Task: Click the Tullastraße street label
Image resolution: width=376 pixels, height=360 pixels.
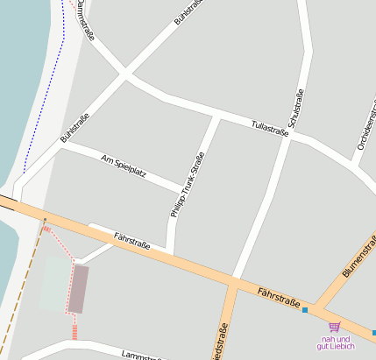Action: tap(269, 128)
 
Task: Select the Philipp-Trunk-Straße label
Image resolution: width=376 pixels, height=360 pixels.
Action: tap(187, 185)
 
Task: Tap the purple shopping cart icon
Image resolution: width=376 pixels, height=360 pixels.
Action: tap(334, 327)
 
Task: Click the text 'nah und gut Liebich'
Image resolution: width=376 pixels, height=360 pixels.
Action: tap(336, 342)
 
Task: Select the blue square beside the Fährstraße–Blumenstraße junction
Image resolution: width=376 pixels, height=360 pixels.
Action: tap(304, 309)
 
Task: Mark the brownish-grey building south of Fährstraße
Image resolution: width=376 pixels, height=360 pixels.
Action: tap(78, 289)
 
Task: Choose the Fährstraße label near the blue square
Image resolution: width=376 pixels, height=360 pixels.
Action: tap(279, 295)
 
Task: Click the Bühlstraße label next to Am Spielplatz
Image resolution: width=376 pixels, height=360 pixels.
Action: tap(75, 129)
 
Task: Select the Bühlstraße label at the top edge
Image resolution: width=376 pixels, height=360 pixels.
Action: tap(189, 11)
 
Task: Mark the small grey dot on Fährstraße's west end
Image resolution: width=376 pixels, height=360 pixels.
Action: tap(44, 217)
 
